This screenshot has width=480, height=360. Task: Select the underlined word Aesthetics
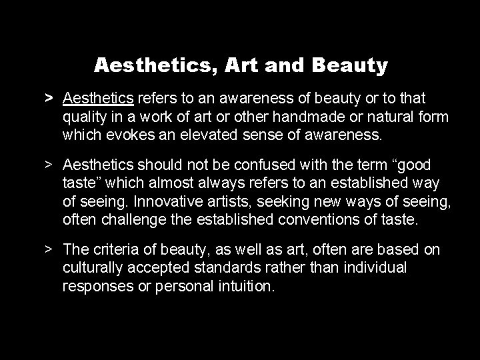coord(99,99)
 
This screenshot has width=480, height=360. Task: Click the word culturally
coord(91,268)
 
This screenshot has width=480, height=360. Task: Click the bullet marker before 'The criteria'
coord(49,250)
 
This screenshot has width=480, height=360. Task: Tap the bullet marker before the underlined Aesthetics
coord(49,99)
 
